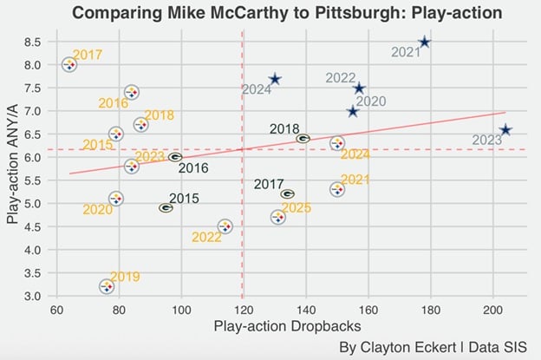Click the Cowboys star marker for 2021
click(424, 43)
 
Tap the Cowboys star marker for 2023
click(506, 130)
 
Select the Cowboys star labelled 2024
click(275, 79)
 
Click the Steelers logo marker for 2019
click(107, 285)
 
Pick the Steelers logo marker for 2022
click(225, 226)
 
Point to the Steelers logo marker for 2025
click(277, 217)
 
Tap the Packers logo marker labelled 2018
click(303, 138)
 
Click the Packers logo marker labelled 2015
click(166, 207)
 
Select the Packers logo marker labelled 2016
click(175, 157)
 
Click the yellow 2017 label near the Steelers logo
click(87, 56)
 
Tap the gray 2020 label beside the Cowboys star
click(371, 101)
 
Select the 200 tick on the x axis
click(492, 311)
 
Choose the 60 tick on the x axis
click(57, 311)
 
